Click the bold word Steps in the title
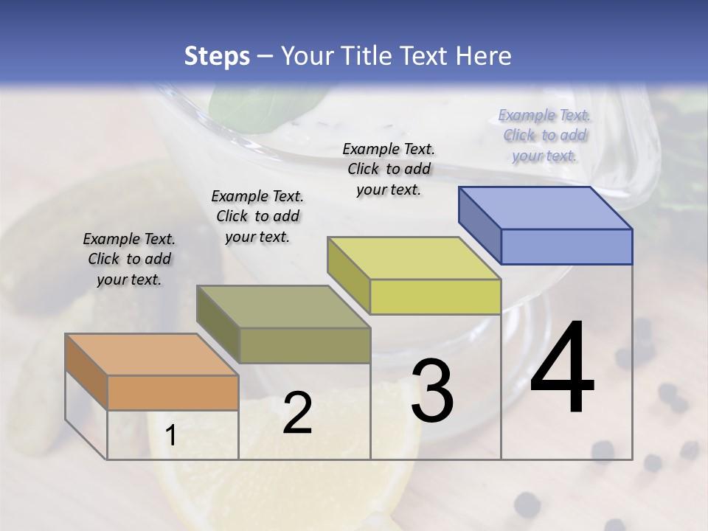click(217, 56)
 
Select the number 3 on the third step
click(432, 391)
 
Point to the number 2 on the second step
click(297, 413)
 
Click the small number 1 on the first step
click(171, 436)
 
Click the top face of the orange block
click(151, 354)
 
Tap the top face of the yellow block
click(414, 257)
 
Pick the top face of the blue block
click(545, 207)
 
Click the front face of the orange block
click(173, 392)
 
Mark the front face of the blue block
click(566, 246)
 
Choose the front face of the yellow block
click(435, 296)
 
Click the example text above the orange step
click(129, 259)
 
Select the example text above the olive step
click(257, 216)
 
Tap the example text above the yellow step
click(389, 169)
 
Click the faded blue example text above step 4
click(544, 135)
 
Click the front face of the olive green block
click(305, 345)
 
